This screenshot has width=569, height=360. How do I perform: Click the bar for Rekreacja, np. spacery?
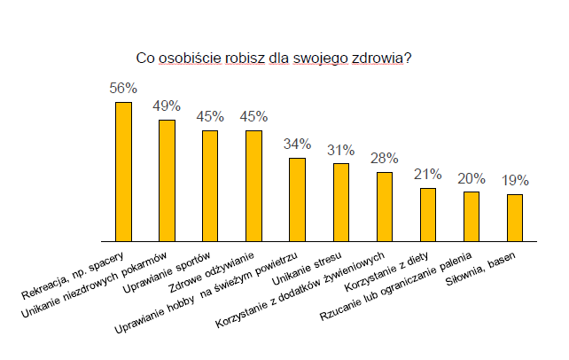coord(123,171)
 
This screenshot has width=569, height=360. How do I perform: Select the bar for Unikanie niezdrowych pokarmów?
coord(167,180)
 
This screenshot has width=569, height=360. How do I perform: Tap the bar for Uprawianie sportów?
coord(210,185)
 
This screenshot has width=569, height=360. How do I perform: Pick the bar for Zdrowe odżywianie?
coord(253,185)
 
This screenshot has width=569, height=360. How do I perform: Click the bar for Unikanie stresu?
coord(341,201)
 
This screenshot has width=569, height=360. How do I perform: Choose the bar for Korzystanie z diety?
coord(428,214)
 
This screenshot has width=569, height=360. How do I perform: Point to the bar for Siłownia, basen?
coord(515,217)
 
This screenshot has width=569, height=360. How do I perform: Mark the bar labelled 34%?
coord(298,199)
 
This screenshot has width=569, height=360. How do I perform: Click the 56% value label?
coord(123,89)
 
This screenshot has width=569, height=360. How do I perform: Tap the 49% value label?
coord(167,106)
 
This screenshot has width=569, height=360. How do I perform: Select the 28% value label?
coord(385,158)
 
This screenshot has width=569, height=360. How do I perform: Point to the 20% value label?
coord(472,177)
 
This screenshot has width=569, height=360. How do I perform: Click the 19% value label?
coord(515,180)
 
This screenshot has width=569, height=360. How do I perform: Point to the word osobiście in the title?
coord(189,59)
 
